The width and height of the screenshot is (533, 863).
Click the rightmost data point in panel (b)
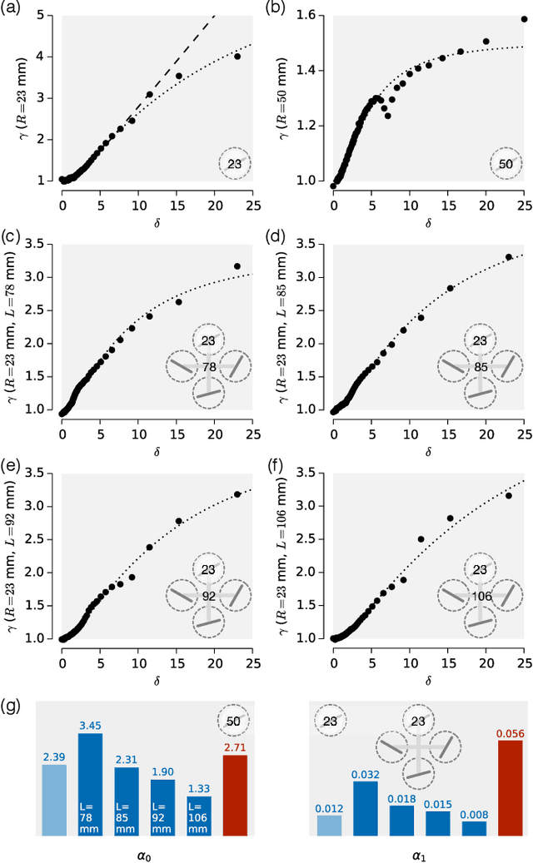(524, 19)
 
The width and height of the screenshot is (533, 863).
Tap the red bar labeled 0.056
(511, 787)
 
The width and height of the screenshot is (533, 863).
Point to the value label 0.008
(474, 815)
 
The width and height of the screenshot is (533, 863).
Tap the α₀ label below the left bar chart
(145, 852)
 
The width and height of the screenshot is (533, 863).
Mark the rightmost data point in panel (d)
(509, 257)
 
